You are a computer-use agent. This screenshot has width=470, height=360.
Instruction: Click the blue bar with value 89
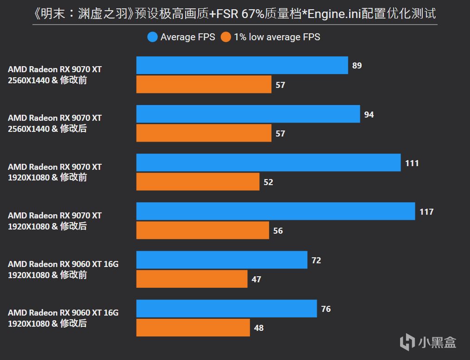242,65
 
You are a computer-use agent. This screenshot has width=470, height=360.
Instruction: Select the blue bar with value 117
275,211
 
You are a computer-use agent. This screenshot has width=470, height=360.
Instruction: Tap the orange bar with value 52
198,182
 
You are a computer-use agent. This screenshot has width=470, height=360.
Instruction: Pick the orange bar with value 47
192,279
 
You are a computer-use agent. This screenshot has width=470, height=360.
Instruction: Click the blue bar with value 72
221,260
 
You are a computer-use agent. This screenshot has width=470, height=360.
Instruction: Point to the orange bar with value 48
193,328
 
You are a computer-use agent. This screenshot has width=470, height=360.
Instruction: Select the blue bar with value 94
248,114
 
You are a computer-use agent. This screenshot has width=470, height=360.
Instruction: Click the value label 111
412,163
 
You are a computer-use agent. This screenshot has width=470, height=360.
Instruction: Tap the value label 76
326,309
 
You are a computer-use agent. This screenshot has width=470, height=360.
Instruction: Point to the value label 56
278,230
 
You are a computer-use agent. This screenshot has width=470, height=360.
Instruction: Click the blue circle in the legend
152,37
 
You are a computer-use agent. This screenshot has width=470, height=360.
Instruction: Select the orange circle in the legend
226,37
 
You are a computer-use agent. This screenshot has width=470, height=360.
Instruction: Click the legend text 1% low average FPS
277,37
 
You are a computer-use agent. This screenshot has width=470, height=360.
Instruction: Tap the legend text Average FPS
188,37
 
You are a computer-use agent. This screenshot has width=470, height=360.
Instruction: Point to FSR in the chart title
224,13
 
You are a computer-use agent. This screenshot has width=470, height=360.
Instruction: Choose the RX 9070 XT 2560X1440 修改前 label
55,74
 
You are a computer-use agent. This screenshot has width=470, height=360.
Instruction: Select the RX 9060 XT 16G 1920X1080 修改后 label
63,318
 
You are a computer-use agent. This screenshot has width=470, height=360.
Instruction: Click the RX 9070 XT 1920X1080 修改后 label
55,221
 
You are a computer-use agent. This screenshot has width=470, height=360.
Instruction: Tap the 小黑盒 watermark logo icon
407,342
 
